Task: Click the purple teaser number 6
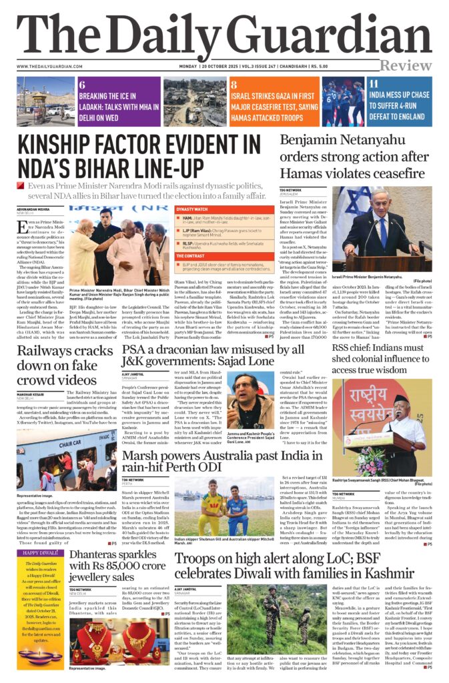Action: pyautogui.click(x=81, y=84)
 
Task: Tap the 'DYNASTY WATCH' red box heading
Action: pyautogui.click(x=192, y=209)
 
